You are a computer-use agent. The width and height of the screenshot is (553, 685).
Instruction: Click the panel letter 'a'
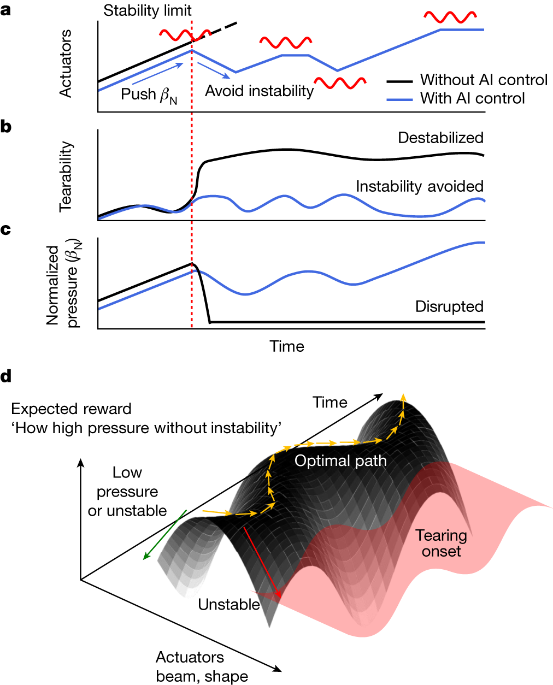click(6, 10)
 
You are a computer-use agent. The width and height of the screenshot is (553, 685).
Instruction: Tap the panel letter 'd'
click(6, 376)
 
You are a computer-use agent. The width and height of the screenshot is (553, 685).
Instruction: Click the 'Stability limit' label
click(148, 10)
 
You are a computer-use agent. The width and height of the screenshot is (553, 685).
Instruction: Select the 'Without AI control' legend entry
click(484, 80)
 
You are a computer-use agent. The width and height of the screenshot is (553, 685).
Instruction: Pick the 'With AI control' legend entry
click(472, 98)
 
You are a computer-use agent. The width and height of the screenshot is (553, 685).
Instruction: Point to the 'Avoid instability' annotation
click(259, 91)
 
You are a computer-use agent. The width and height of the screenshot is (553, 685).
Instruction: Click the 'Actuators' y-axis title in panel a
click(66, 64)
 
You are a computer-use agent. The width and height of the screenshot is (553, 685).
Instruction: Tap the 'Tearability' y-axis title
click(66, 176)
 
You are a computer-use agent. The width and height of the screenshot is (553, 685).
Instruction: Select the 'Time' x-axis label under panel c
click(287, 346)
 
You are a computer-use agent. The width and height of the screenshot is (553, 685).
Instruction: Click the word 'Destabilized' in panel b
click(440, 138)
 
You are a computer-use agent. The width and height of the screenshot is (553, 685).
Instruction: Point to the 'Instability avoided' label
click(419, 186)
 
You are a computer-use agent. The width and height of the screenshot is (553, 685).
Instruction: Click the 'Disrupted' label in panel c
click(449, 306)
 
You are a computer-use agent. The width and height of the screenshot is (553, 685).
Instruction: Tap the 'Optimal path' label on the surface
click(340, 461)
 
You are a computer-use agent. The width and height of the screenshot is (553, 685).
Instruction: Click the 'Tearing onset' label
click(441, 543)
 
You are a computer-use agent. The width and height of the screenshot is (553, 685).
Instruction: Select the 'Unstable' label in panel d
click(229, 605)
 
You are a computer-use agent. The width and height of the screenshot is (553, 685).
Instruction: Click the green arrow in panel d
click(164, 535)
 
